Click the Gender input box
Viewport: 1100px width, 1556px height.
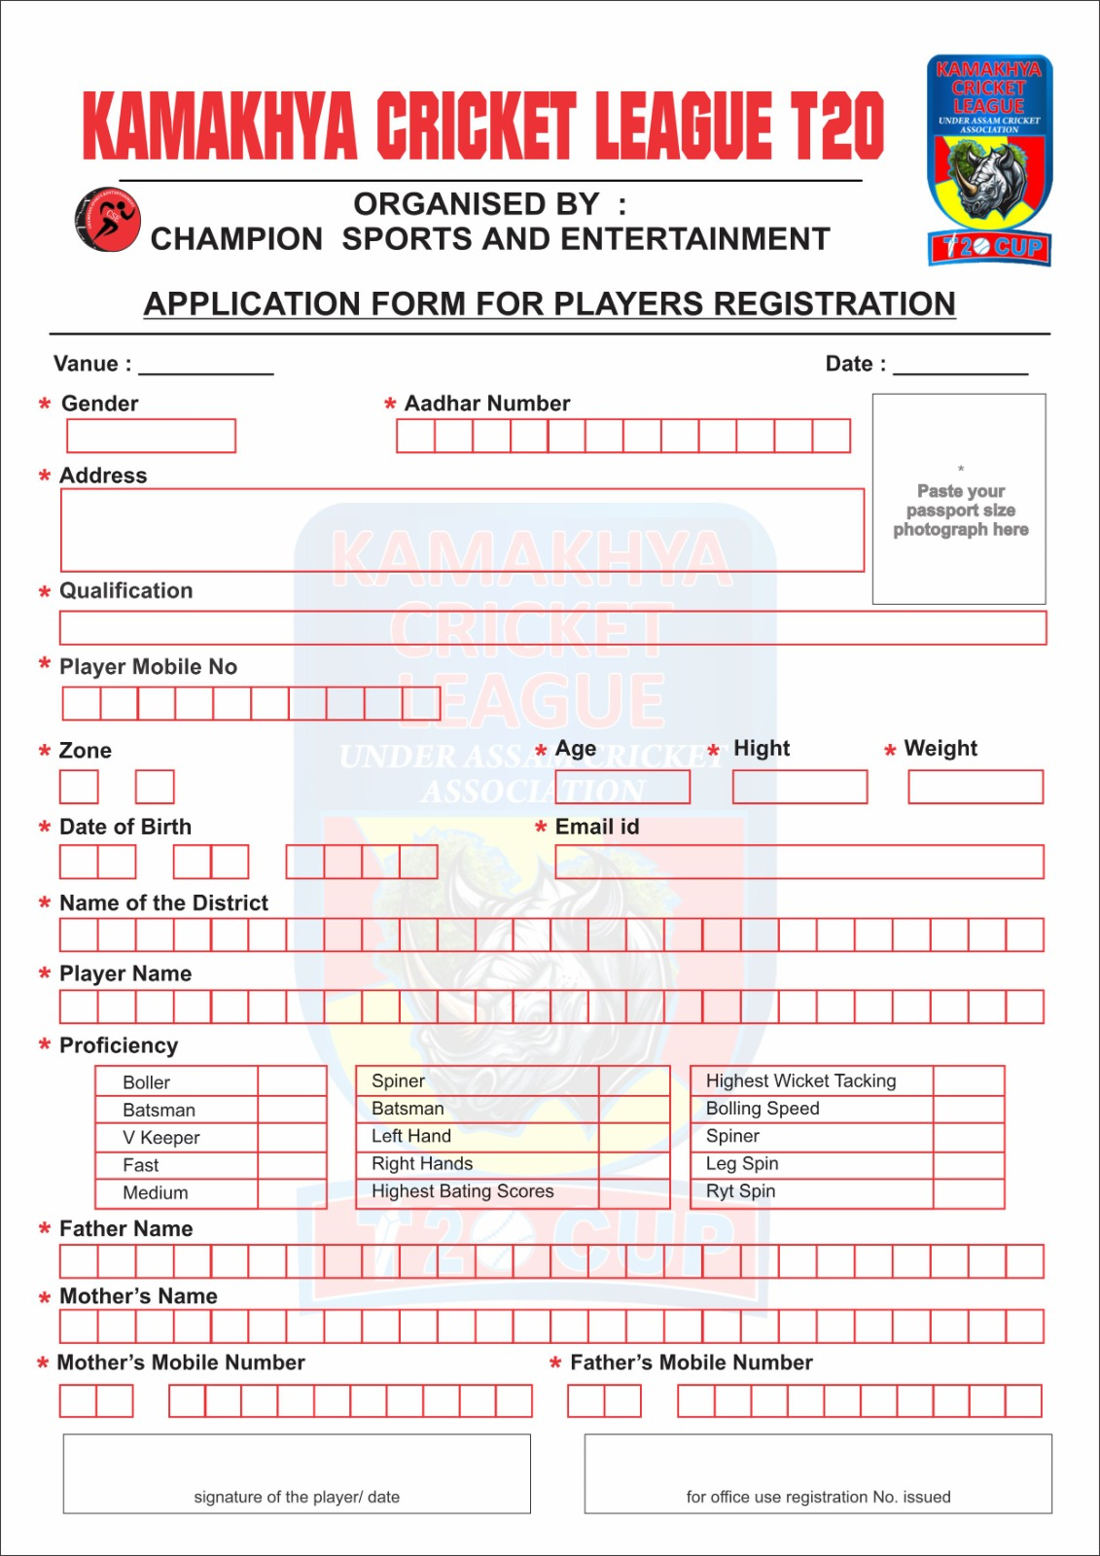pos(151,436)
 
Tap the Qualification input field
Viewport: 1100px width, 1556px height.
pos(552,628)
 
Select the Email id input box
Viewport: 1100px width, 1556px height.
pos(798,862)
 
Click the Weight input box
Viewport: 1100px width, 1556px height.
pos(975,787)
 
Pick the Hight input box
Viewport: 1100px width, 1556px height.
pos(799,787)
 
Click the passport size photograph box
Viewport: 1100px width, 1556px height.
pos(959,499)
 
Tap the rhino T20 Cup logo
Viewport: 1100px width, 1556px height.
pos(989,160)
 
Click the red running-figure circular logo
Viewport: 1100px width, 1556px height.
pos(107,219)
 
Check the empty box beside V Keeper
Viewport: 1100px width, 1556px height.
pos(292,1138)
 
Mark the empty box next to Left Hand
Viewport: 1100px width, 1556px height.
pos(634,1137)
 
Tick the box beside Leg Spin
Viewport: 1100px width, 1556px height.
pos(968,1164)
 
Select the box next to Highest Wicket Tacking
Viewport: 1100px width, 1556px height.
pos(968,1081)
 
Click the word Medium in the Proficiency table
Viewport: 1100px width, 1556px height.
pos(156,1193)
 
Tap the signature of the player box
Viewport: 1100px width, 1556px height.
pos(297,1473)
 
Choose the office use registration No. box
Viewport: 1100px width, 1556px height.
pos(818,1473)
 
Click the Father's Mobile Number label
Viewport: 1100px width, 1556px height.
pos(691,1362)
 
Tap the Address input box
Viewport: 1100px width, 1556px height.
pos(462,530)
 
